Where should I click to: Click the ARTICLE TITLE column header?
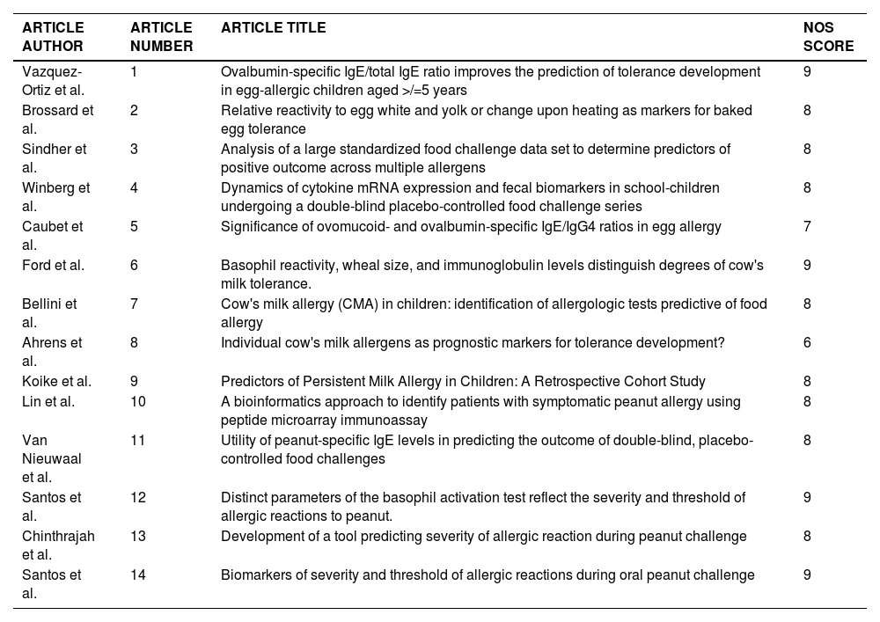(273, 28)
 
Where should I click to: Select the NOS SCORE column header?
(828, 37)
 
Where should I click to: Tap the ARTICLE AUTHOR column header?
(53, 37)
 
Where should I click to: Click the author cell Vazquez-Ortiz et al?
(54, 81)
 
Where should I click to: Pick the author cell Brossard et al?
(57, 120)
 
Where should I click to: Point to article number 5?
(134, 227)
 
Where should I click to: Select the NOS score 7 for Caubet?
(807, 227)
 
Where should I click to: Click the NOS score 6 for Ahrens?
(807, 343)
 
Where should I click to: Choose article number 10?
(137, 401)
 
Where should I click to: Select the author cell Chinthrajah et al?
(58, 545)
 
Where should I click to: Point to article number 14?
(137, 575)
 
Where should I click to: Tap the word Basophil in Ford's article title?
(247, 266)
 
